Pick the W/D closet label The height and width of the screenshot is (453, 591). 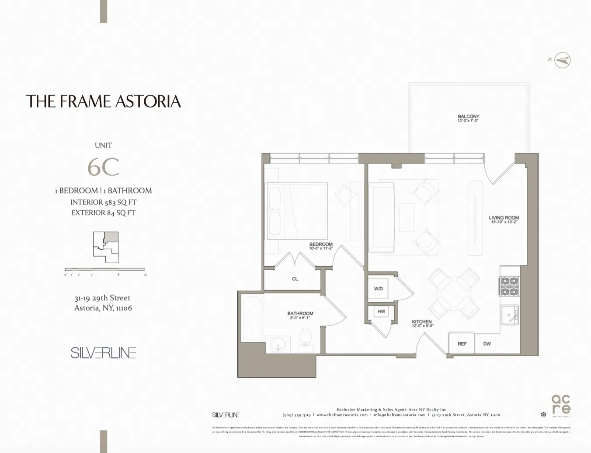(x=378, y=289)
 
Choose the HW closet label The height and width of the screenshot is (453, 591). (x=381, y=311)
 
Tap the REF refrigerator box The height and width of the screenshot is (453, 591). (x=462, y=344)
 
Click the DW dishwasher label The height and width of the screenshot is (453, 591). (x=487, y=344)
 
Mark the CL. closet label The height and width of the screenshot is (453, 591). (x=295, y=279)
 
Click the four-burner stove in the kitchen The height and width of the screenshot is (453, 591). (x=509, y=286)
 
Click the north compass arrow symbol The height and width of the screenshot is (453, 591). (x=563, y=60)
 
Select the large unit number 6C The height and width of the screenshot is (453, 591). (x=103, y=167)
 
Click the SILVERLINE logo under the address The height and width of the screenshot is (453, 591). (x=103, y=352)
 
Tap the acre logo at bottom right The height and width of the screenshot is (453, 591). (x=561, y=404)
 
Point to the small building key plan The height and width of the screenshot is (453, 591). (x=105, y=247)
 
